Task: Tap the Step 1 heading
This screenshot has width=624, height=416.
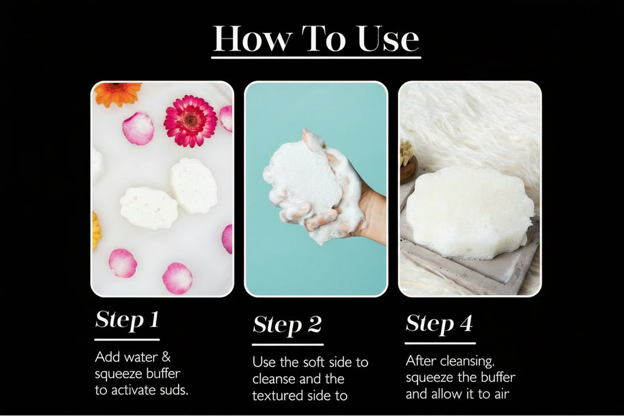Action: [x=127, y=320]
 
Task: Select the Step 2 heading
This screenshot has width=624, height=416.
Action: [x=286, y=325]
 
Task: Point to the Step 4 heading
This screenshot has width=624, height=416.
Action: [x=439, y=323]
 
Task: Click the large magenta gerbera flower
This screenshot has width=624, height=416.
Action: [x=190, y=121]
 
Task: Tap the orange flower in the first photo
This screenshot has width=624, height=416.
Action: [x=117, y=92]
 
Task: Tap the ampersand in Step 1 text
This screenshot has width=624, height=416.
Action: [x=166, y=357]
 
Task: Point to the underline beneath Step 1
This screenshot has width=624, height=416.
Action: [x=127, y=339]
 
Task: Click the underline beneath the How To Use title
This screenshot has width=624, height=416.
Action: [x=316, y=58]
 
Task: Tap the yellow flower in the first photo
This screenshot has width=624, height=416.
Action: [x=96, y=231]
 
